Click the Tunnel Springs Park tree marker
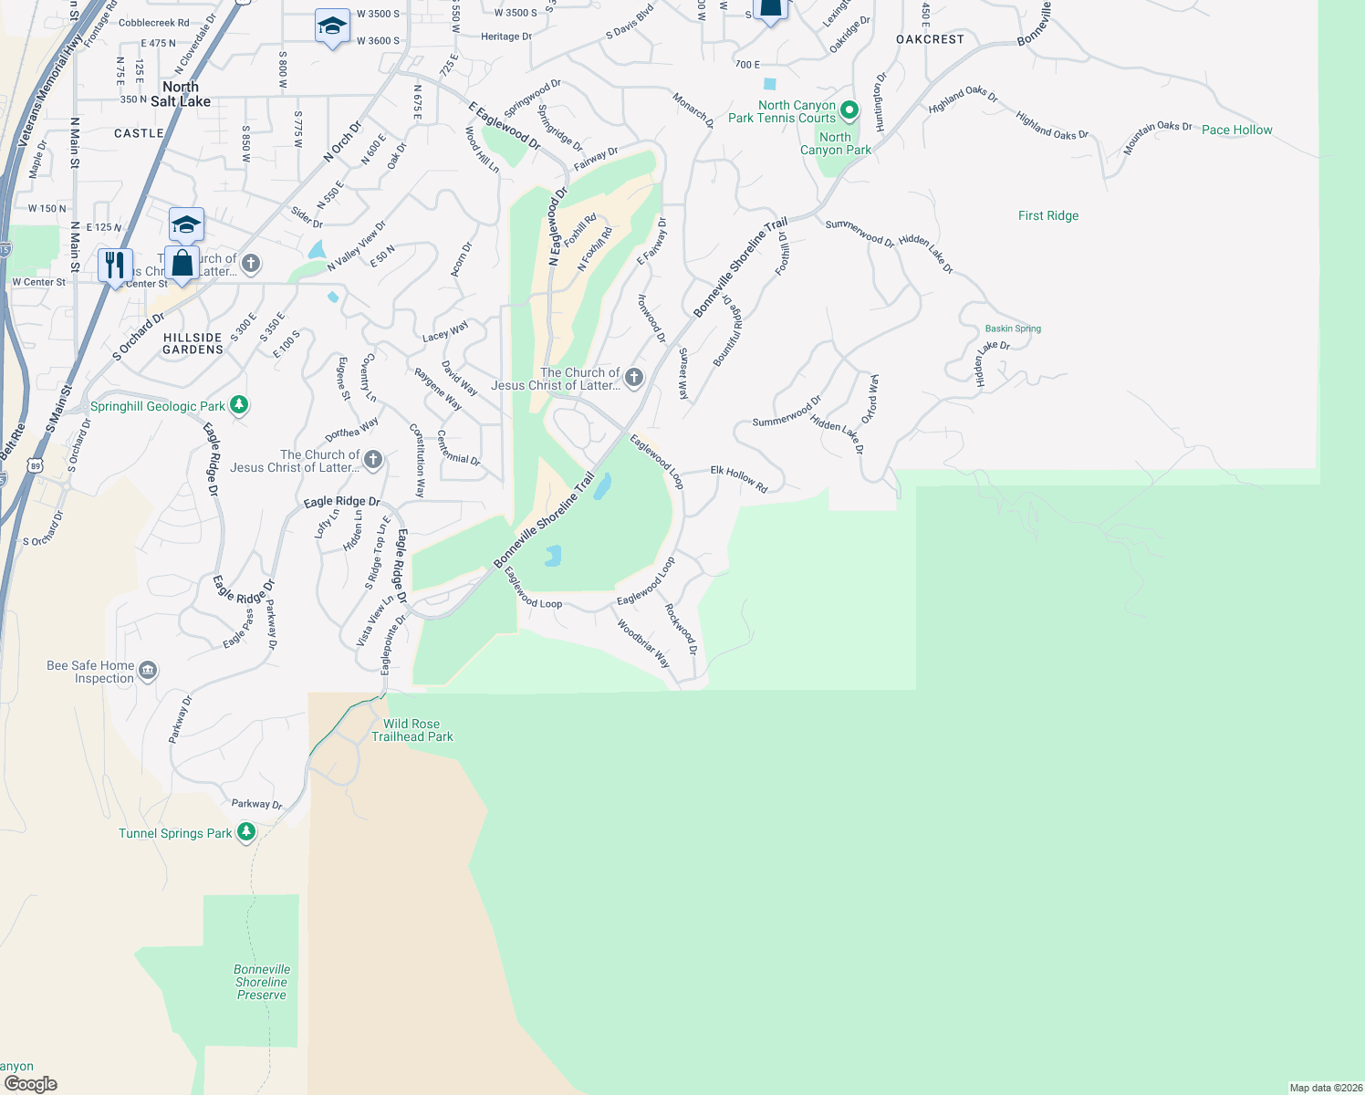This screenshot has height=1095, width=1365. (245, 832)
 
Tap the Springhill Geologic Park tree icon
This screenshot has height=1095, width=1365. (239, 404)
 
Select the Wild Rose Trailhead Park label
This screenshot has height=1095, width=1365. (412, 730)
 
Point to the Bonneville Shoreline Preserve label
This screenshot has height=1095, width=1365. (262, 982)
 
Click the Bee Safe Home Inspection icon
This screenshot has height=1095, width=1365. (148, 672)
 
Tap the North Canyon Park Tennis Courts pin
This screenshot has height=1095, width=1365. (849, 110)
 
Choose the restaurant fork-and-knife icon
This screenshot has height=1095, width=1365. (115, 266)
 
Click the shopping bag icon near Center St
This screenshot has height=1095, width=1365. (182, 263)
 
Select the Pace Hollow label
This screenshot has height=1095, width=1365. (1236, 130)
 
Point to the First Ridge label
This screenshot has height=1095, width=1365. (1048, 215)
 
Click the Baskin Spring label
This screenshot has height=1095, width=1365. (1013, 328)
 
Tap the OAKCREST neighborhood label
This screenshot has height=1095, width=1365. (930, 39)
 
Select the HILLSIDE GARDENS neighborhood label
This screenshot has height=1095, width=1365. (193, 343)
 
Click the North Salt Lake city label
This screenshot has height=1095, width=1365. (181, 94)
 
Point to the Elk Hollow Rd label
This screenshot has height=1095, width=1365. (739, 479)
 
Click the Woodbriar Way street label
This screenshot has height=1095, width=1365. (644, 643)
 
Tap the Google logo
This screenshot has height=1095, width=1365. (31, 1083)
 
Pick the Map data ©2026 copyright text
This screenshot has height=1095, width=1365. (1326, 1088)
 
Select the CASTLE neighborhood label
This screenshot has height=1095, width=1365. (139, 133)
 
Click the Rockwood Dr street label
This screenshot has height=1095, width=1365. (681, 629)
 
